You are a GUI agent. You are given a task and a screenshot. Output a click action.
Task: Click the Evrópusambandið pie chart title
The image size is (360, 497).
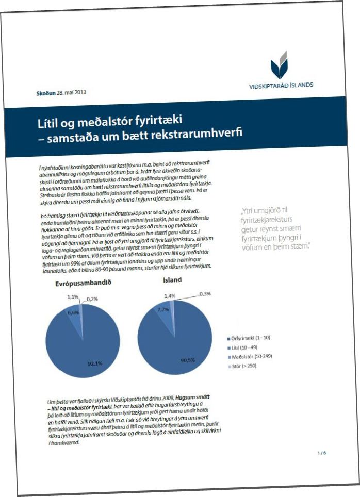click(83, 284)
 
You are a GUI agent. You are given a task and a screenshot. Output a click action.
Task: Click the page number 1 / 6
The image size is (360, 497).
click(321, 453)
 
